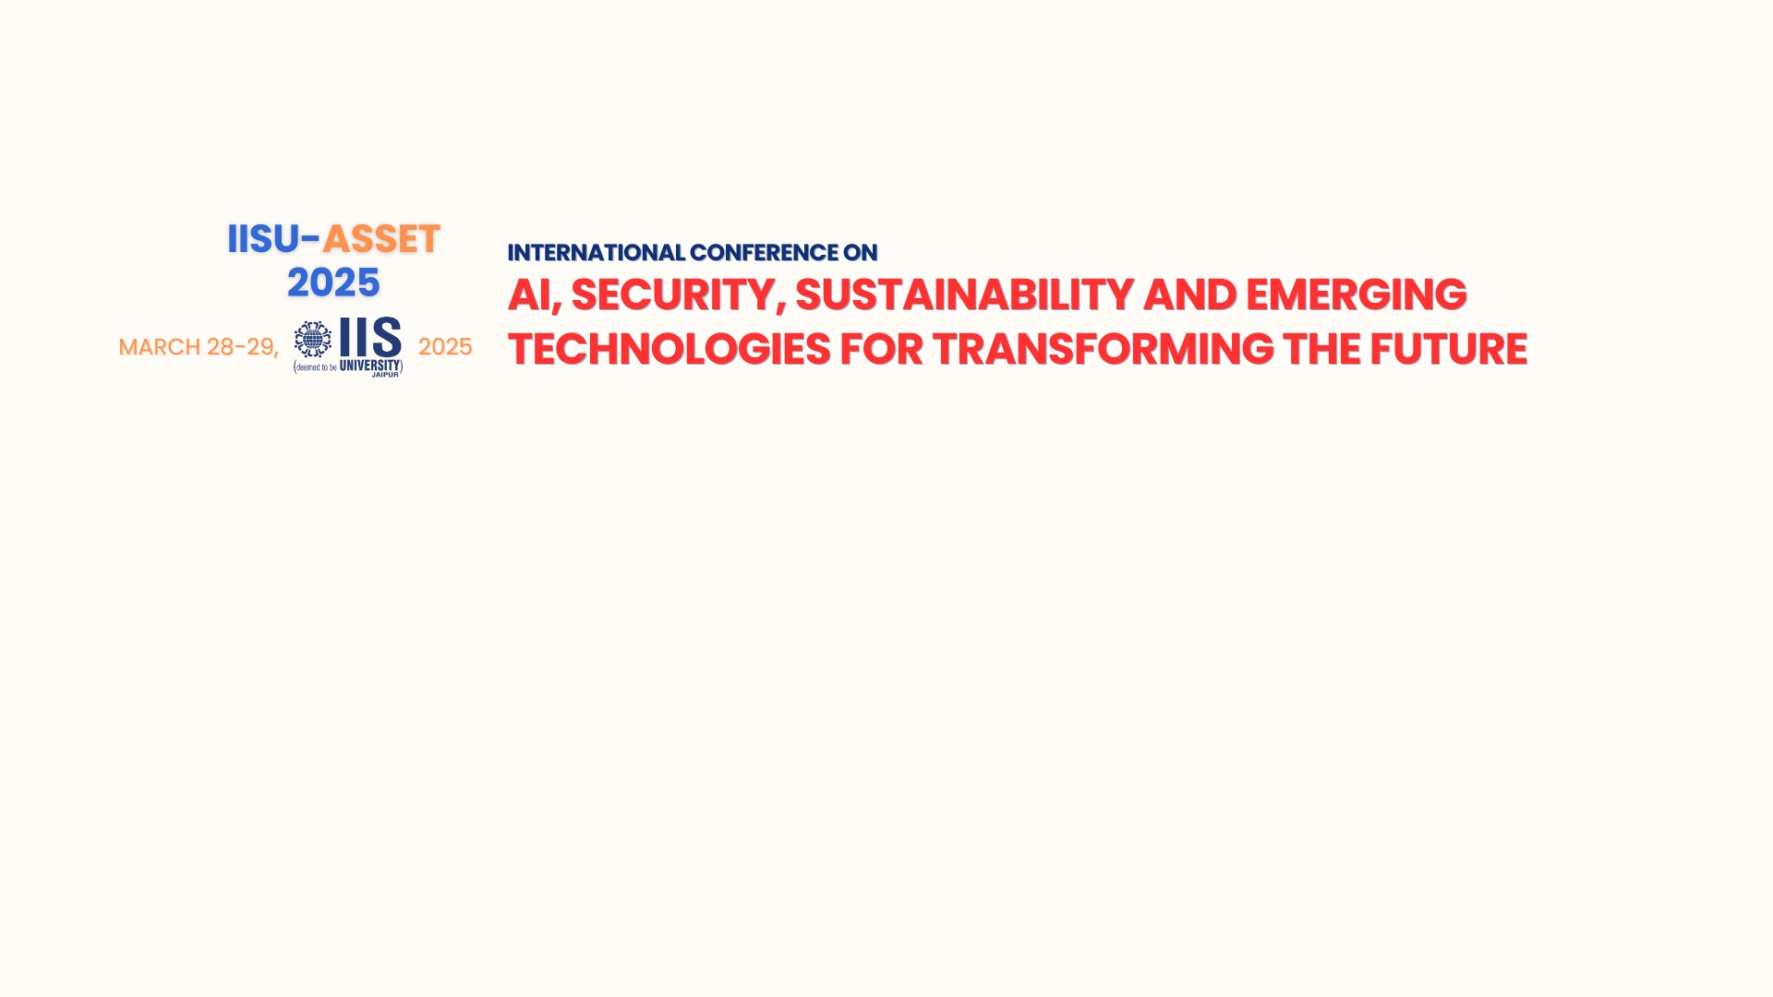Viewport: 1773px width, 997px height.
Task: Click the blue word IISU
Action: tap(263, 239)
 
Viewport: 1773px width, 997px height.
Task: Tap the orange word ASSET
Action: tap(381, 239)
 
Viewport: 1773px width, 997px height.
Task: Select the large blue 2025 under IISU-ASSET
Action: tap(333, 282)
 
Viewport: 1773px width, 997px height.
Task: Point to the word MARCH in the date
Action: tap(160, 347)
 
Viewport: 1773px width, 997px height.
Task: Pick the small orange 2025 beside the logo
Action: tap(445, 347)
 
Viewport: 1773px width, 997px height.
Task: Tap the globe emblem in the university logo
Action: tap(313, 340)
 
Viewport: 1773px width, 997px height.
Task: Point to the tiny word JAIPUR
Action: tap(385, 375)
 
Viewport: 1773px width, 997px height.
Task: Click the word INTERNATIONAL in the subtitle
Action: tap(597, 253)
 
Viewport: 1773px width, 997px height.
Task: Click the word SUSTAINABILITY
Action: tap(964, 295)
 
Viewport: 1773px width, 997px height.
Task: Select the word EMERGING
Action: tap(1356, 295)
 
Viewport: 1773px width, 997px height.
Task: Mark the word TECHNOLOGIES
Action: tap(669, 350)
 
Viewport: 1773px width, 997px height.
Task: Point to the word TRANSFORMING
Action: tap(1103, 350)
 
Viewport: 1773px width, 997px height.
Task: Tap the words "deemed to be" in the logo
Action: tap(316, 367)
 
